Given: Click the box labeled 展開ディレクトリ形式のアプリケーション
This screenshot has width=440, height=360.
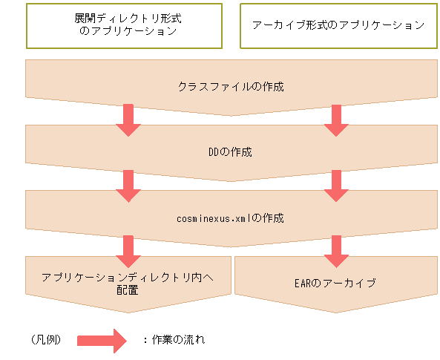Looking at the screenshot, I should pos(125,24).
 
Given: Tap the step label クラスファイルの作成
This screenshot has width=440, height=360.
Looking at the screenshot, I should pos(231,87).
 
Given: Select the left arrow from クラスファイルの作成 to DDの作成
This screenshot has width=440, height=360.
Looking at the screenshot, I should pos(127,120).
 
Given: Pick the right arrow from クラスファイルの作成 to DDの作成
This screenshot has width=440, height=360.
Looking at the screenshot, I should pos(335,120).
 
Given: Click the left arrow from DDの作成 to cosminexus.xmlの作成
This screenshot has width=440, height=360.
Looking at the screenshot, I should pos(127,185).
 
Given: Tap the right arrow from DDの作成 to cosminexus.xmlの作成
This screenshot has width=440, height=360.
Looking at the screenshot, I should pos(335,185).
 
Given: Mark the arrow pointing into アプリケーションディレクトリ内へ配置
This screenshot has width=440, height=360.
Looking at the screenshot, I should pos(127,250).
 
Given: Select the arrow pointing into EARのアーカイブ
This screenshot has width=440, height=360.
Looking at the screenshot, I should pos(335,250).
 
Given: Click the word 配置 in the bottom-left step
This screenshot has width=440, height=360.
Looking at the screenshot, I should pos(127,290).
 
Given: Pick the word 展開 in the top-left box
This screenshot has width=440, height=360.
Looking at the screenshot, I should pos(84,18).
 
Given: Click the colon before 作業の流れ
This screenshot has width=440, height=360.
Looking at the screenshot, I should pos(145,339).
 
